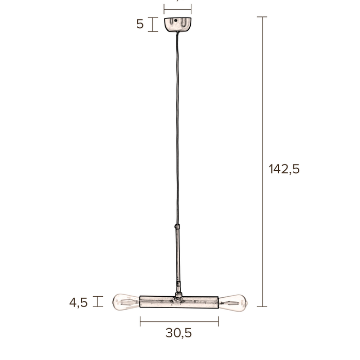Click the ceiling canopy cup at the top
pyautogui.click(x=177, y=25)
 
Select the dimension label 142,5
pyautogui.click(x=284, y=169)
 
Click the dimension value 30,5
pyautogui.click(x=178, y=333)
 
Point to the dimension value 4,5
pyautogui.click(x=79, y=302)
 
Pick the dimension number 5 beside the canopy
pyautogui.click(x=140, y=24)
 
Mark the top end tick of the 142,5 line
pyautogui.click(x=262, y=17)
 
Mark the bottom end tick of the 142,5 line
pyautogui.click(x=262, y=307)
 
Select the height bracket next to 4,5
pyautogui.click(x=99, y=301)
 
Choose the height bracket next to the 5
pyautogui.click(x=152, y=24)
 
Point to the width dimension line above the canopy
pyautogui.click(x=177, y=9)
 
